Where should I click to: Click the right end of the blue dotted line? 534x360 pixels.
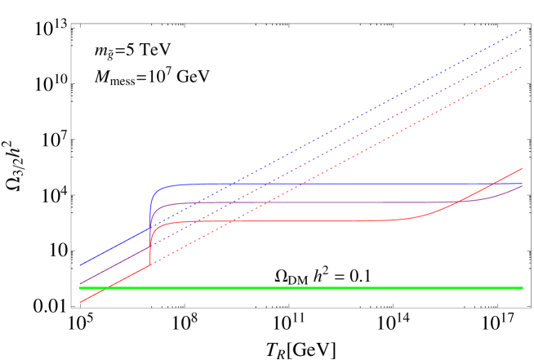pos(522,29)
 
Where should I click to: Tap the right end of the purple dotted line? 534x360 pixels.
pos(522,48)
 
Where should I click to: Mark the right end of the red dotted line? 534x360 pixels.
pos(522,67)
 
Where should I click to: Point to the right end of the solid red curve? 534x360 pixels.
pos(522,168)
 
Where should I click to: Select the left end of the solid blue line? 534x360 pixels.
pos(80,265)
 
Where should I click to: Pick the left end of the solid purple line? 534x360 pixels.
pos(80,284)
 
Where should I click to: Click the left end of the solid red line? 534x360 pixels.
pos(80,302)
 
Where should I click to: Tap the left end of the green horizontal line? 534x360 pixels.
pos(80,288)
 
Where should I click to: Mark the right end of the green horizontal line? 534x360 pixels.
pos(522,288)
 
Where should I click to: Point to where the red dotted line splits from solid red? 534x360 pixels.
pos(151,264)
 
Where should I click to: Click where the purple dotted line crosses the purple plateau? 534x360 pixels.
pos(233,202)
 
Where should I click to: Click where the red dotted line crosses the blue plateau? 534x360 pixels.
pos(302,184)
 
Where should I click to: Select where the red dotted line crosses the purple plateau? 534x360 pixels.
pos(267,202)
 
